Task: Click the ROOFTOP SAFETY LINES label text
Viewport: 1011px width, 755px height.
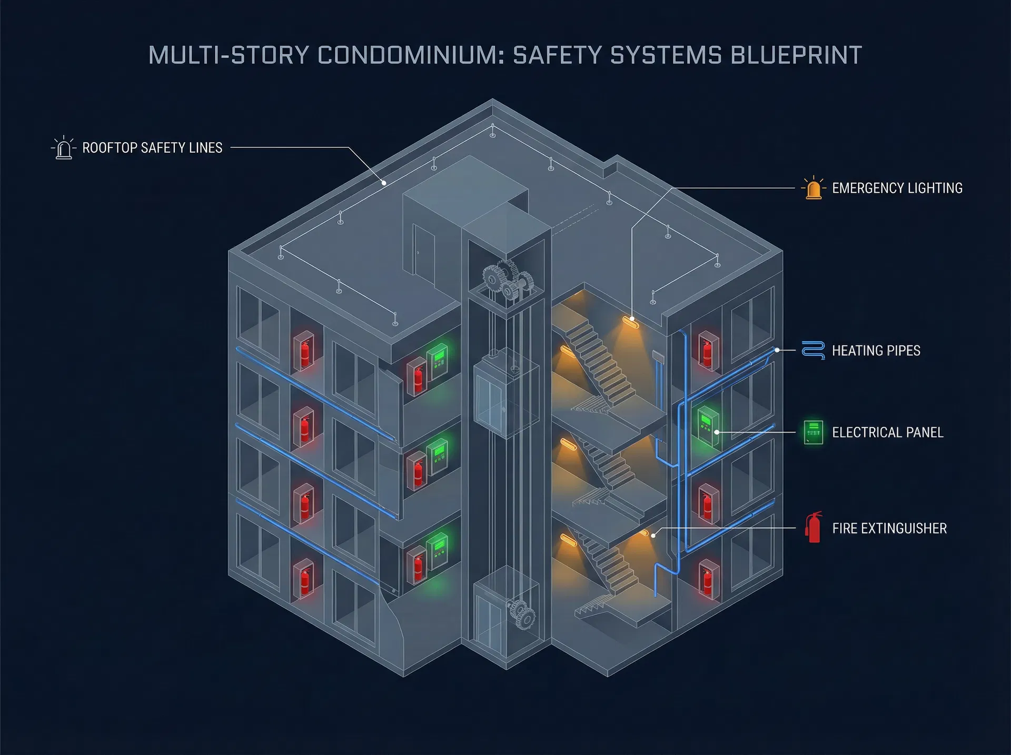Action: (x=152, y=148)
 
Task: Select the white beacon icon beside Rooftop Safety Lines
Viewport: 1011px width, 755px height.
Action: (x=64, y=148)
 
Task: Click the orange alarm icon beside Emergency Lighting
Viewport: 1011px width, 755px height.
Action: (x=814, y=188)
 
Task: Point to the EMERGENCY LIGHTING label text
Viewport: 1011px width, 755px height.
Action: (x=897, y=188)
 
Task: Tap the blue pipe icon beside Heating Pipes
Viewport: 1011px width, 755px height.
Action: (x=813, y=350)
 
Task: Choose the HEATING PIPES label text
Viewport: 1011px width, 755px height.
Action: (x=876, y=351)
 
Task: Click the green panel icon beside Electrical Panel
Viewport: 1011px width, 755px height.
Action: (x=813, y=432)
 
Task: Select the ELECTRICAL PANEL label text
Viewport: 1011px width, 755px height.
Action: (x=888, y=432)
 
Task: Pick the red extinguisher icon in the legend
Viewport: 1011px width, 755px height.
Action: (x=814, y=528)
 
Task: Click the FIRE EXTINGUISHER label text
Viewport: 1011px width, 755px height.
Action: (x=889, y=528)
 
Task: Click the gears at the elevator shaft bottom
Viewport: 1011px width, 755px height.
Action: (x=521, y=613)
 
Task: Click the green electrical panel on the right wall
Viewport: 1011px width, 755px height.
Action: (x=708, y=426)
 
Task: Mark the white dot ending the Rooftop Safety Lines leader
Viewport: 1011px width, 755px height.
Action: (x=384, y=183)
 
